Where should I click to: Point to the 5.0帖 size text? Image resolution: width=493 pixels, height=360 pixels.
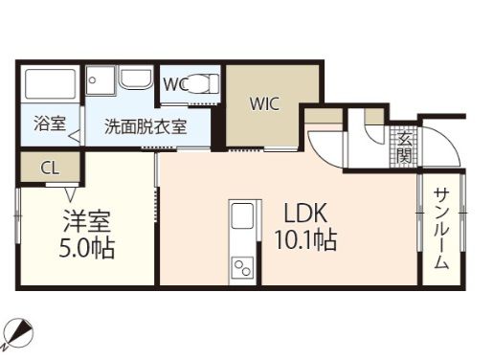point(87,249)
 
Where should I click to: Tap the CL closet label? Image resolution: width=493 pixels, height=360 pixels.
point(51,168)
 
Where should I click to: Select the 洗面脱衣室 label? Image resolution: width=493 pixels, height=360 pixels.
point(145,125)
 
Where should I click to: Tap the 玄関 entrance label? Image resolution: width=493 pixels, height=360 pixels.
point(403,146)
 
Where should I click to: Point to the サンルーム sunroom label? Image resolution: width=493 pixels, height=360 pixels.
point(441,228)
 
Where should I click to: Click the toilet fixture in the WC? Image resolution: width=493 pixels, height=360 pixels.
point(200,84)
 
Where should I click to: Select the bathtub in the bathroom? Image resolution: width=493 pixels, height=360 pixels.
point(51,85)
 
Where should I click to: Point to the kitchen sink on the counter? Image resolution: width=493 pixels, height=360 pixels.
point(243,217)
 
